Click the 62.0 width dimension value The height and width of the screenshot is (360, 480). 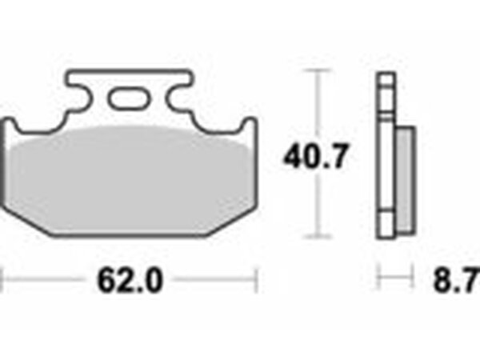point(130,280)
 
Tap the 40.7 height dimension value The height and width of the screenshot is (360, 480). point(316,157)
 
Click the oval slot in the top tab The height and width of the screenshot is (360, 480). point(130,98)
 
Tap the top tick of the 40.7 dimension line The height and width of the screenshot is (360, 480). point(317,71)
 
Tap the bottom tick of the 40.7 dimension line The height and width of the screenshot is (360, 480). point(317,236)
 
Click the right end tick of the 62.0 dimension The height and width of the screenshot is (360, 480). point(257,279)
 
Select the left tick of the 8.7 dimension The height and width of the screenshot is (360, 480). point(379,278)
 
